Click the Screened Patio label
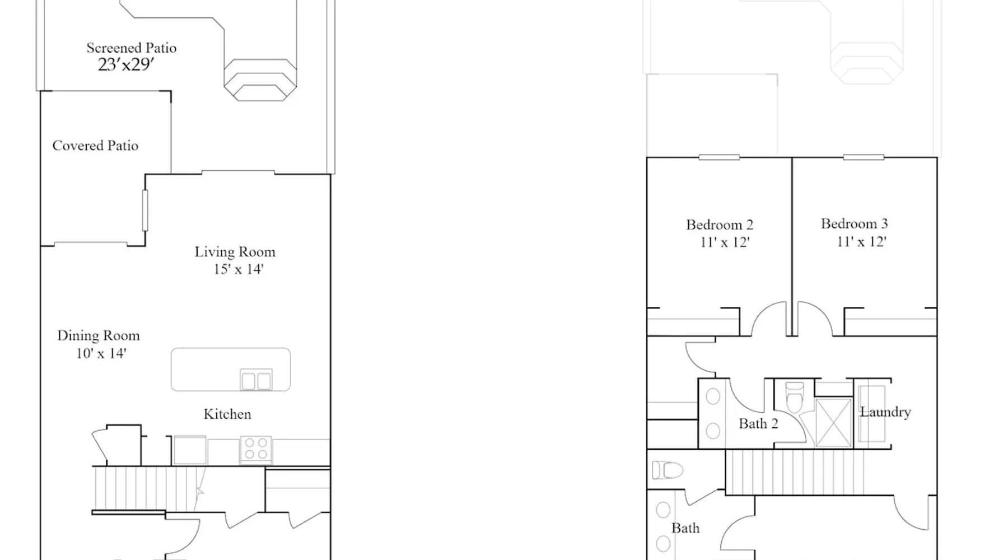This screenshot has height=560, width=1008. pos(132,48)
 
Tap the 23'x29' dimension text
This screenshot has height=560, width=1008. pos(126,65)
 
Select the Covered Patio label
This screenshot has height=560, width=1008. pos(95,146)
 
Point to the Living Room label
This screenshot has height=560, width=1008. pos(235,252)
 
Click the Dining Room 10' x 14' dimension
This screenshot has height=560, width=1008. pos(101,353)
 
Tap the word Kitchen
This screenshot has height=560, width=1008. pos(227,414)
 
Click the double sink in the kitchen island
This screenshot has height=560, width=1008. pos(256,380)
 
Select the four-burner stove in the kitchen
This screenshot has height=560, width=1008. pos(256,450)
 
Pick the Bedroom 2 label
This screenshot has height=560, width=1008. pos(720,225)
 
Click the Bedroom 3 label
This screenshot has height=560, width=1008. pos(855,224)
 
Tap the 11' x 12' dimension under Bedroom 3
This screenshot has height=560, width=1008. pos(861,242)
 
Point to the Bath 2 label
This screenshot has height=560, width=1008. pos(758,424)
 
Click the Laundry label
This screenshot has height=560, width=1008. pos(885,412)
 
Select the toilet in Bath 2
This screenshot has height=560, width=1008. pos(795,396)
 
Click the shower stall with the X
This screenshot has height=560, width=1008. pos(833,423)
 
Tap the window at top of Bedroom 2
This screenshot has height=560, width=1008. pos(719,157)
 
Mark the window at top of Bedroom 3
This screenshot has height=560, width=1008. pos(864,157)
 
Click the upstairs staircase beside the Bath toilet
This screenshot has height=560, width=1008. pos(795,472)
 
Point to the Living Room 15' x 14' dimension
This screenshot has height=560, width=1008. pos(239,269)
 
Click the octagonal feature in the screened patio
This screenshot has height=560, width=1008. pos(260,80)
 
